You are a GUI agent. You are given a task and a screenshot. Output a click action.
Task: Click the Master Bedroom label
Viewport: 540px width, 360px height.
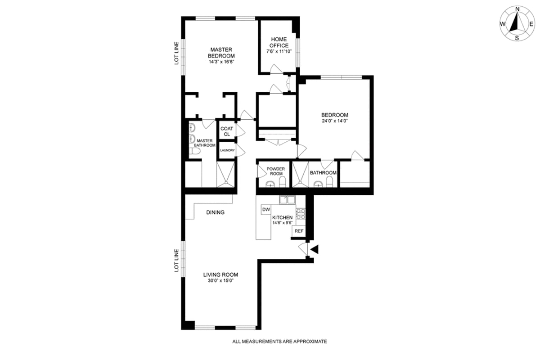point(221,53)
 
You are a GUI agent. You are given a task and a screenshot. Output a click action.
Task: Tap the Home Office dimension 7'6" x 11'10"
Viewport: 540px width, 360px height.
point(279,52)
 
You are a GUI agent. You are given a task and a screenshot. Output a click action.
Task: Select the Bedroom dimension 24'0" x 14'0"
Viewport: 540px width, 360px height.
point(335,121)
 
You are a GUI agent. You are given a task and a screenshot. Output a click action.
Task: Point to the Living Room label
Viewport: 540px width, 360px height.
point(220,274)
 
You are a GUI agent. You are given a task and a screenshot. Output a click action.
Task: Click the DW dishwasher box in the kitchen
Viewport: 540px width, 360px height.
point(266,210)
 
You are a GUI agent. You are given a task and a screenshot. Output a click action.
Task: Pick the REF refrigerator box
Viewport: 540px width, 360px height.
point(299,231)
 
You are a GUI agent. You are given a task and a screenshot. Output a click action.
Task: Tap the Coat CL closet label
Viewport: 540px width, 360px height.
point(227,131)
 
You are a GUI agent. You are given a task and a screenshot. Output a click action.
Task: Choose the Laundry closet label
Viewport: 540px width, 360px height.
point(227,150)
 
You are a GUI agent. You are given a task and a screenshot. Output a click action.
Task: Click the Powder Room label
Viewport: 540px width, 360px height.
point(274,171)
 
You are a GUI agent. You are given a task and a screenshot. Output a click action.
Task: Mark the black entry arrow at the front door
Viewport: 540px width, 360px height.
point(315,249)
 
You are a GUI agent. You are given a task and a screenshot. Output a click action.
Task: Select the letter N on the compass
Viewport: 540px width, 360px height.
point(517,9)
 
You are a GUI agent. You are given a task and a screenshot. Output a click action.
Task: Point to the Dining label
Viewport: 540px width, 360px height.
point(215,212)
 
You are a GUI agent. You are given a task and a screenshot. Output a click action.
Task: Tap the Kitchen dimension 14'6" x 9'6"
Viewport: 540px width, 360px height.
point(283,222)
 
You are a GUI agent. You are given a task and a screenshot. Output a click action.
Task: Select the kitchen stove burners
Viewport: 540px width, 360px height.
point(301,213)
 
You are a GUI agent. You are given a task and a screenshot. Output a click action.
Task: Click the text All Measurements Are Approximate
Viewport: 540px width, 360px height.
point(279,342)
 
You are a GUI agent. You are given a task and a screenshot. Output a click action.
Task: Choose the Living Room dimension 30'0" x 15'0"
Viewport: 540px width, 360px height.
point(220,281)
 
